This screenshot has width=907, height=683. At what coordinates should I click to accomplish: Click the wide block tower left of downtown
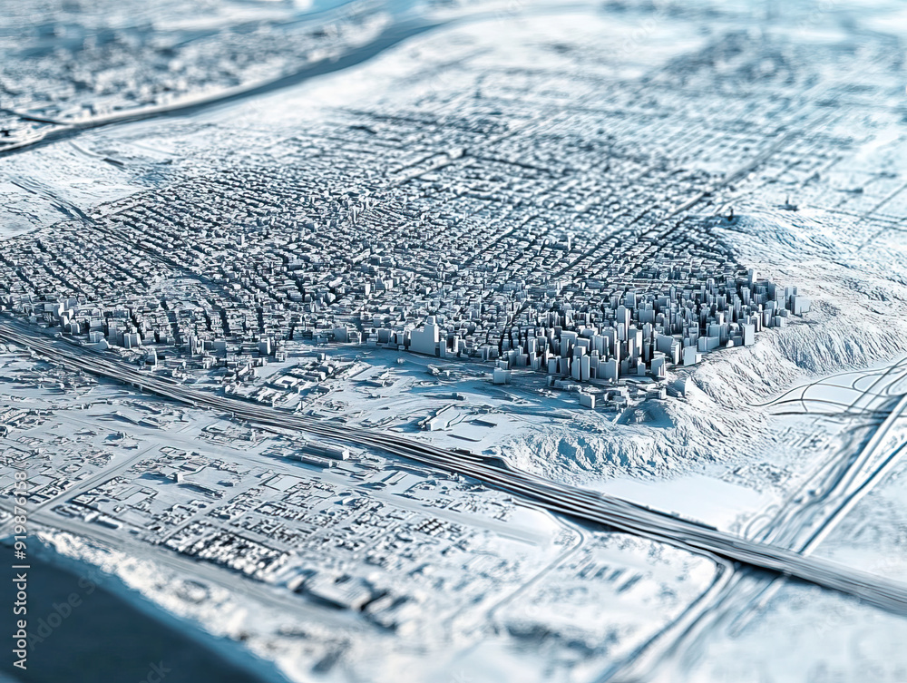coord(424,337)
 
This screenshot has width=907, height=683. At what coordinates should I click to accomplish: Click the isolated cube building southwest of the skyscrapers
coord(501,375)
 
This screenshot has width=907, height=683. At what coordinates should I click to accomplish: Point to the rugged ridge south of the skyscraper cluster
coord(580,444)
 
